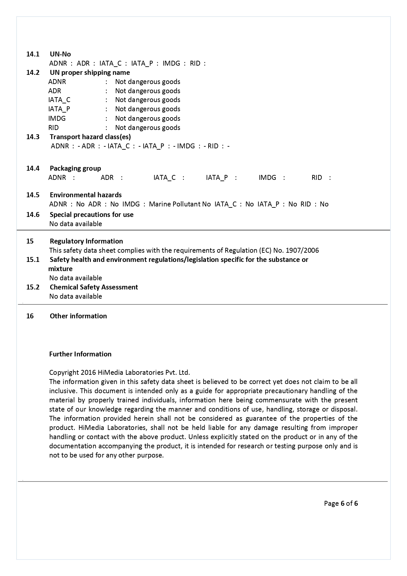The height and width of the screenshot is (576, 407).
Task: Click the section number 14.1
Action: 33,54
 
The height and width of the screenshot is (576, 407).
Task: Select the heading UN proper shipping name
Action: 90,73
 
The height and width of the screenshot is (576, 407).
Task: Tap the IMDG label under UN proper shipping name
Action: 57,118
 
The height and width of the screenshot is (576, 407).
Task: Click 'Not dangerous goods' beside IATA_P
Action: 148,109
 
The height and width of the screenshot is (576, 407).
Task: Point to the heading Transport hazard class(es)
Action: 90,137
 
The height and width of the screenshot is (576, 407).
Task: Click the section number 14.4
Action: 33,168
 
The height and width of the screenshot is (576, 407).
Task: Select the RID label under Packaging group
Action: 316,178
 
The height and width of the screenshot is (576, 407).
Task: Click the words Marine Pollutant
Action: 174,204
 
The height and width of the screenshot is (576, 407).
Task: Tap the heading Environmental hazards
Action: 86,195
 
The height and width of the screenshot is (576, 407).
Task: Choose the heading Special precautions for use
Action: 92,215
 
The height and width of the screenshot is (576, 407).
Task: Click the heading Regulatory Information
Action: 86,241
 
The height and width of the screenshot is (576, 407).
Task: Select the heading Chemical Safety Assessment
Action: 94,287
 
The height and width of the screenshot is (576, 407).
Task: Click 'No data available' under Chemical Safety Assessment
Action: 75,296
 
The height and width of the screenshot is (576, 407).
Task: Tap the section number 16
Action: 30,316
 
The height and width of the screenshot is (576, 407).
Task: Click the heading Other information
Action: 78,316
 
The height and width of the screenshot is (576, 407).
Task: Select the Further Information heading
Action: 80,354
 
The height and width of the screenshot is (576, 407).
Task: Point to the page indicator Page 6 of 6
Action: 341,503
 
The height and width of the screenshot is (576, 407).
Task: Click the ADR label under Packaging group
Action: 107,178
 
